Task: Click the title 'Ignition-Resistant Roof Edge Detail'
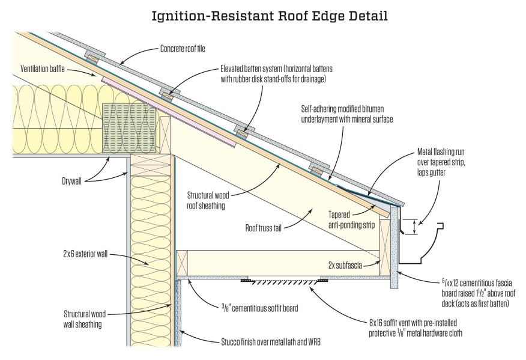tap(262, 13)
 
